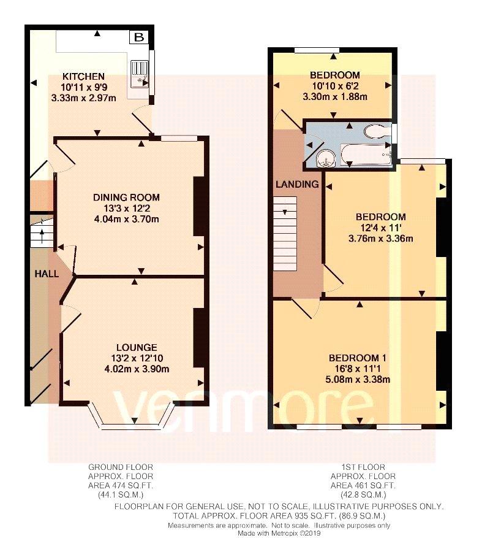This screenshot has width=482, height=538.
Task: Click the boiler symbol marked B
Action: (x=139, y=37)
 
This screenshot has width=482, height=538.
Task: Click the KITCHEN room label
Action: (x=83, y=76)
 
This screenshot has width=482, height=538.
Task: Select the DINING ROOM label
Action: (x=126, y=198)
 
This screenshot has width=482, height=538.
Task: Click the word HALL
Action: (x=47, y=274)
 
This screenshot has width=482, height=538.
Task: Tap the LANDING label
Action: (x=297, y=184)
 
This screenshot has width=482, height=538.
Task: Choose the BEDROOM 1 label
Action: (x=357, y=358)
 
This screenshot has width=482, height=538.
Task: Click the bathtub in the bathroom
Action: (x=367, y=155)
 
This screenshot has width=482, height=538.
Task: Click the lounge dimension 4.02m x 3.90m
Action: (x=137, y=369)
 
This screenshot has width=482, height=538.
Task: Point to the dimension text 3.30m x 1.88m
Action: (x=334, y=97)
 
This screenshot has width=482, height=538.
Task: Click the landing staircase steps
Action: (x=285, y=234)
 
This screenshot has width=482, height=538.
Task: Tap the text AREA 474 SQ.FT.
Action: (x=121, y=485)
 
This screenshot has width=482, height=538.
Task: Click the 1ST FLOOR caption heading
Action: (x=363, y=467)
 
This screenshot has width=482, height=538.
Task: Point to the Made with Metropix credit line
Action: (x=279, y=533)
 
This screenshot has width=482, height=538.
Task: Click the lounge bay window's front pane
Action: (x=132, y=426)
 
